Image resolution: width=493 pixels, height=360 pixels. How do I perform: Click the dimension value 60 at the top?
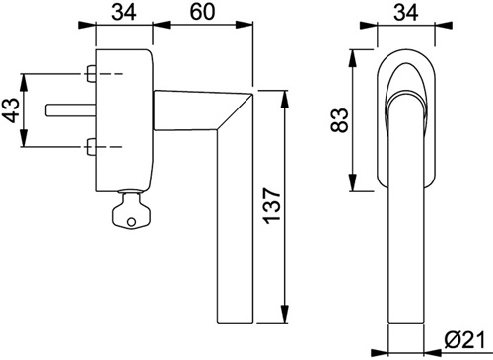pyautogui.click(x=202, y=12)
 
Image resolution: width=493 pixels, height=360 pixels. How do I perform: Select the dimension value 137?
pyautogui.click(x=272, y=206)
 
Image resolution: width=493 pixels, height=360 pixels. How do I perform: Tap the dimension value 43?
pyautogui.click(x=10, y=110)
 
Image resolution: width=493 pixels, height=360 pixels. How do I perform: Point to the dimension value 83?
pyautogui.click(x=339, y=120)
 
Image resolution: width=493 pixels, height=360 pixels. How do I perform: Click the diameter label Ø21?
pyautogui.click(x=464, y=340)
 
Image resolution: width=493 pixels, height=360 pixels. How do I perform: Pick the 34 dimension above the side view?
pyautogui.click(x=124, y=12)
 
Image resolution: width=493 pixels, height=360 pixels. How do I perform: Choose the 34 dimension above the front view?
pyautogui.click(x=406, y=12)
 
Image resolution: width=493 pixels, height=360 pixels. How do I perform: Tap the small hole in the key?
pyautogui.click(x=131, y=222)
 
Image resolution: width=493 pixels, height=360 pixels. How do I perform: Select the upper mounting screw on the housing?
pyautogui.click(x=91, y=74)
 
